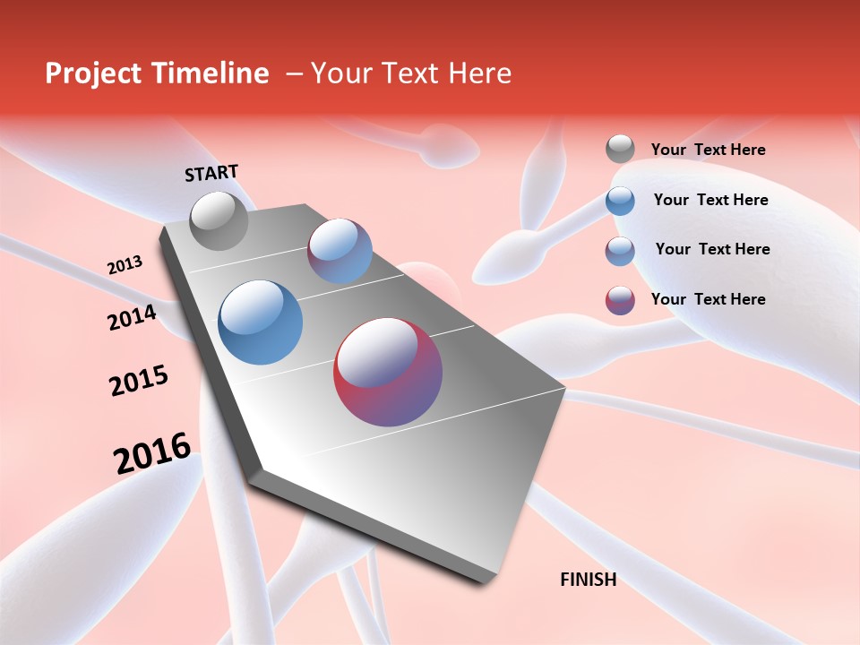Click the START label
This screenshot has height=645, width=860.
(x=211, y=173)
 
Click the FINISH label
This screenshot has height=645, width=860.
(x=589, y=580)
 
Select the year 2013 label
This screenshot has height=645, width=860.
(x=125, y=265)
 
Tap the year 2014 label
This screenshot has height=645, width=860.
(x=132, y=317)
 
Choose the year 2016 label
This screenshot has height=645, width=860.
(x=151, y=452)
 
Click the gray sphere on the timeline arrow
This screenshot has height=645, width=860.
(x=219, y=220)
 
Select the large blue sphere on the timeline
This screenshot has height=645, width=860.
(x=260, y=322)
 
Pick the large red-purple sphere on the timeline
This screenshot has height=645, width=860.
(x=388, y=372)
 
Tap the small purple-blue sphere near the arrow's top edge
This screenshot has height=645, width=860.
(x=340, y=251)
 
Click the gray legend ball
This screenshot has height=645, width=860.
(x=620, y=149)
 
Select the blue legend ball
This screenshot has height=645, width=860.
(x=620, y=201)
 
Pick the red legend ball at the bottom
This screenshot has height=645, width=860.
(x=620, y=300)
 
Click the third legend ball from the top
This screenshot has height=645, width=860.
(x=620, y=251)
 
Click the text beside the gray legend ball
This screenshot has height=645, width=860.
(x=708, y=150)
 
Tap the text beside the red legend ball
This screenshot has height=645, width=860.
(x=708, y=299)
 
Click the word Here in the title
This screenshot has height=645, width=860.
(x=479, y=73)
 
